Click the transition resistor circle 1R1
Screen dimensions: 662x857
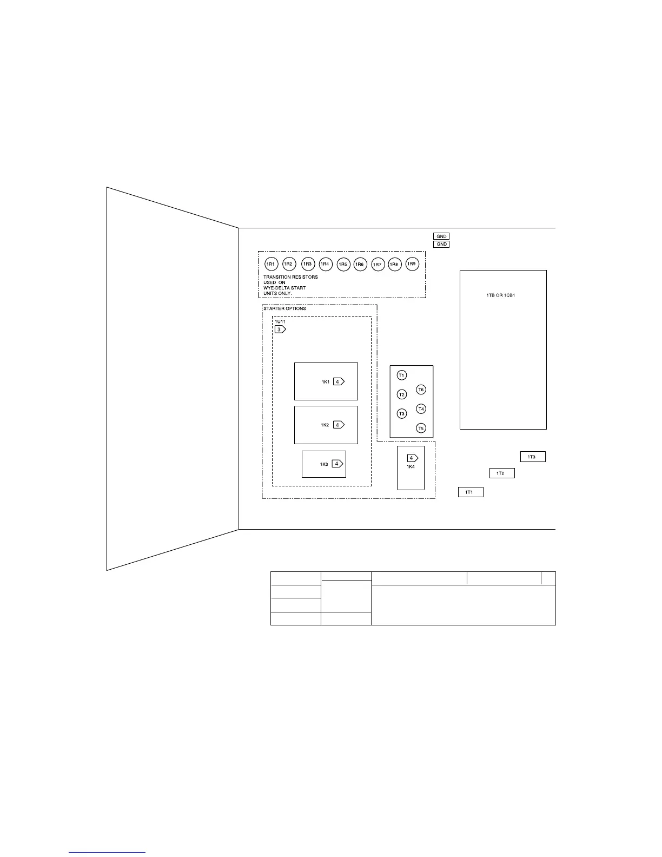coord(271,264)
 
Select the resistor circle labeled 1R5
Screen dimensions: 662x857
coord(343,264)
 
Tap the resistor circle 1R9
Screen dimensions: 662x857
coord(412,263)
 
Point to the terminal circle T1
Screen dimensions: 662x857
coord(401,375)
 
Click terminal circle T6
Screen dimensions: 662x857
coord(421,390)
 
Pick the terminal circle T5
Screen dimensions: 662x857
coord(421,428)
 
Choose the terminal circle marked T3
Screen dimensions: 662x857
coord(401,414)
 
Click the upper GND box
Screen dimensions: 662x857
coord(441,236)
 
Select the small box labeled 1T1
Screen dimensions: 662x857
coord(471,492)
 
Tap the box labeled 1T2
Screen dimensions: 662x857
coord(502,473)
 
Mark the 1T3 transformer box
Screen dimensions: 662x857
coord(533,457)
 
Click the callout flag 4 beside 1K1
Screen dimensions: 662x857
coord(338,381)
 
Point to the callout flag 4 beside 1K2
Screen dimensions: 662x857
coord(338,425)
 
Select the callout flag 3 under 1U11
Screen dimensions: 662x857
coord(280,329)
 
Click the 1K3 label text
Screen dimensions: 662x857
coord(324,464)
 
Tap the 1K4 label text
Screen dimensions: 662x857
coord(411,466)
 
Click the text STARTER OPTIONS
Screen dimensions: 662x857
coord(284,308)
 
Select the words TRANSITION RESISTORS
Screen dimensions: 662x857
coord(290,277)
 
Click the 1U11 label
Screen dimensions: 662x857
coord(280,322)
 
